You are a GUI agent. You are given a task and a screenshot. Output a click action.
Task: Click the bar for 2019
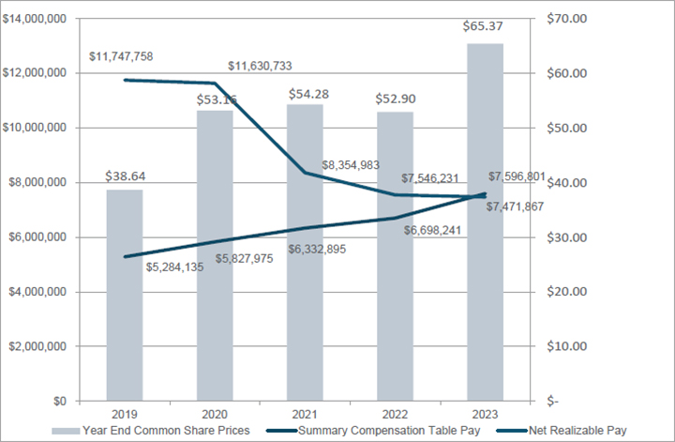125,296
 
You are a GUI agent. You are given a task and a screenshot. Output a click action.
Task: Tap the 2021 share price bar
305,252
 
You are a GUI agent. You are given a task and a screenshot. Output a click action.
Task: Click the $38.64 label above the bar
126,175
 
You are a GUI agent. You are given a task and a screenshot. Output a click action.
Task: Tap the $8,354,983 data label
351,165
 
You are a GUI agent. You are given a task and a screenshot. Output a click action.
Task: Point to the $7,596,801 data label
517,177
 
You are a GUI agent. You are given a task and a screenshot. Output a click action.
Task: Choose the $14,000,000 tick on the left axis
35,18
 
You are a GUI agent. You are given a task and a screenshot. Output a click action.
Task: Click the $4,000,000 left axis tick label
37,292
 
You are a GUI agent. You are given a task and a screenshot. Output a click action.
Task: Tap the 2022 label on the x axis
395,414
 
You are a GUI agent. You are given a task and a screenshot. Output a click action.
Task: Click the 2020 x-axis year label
215,414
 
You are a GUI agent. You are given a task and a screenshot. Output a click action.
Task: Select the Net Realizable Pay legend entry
571,430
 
